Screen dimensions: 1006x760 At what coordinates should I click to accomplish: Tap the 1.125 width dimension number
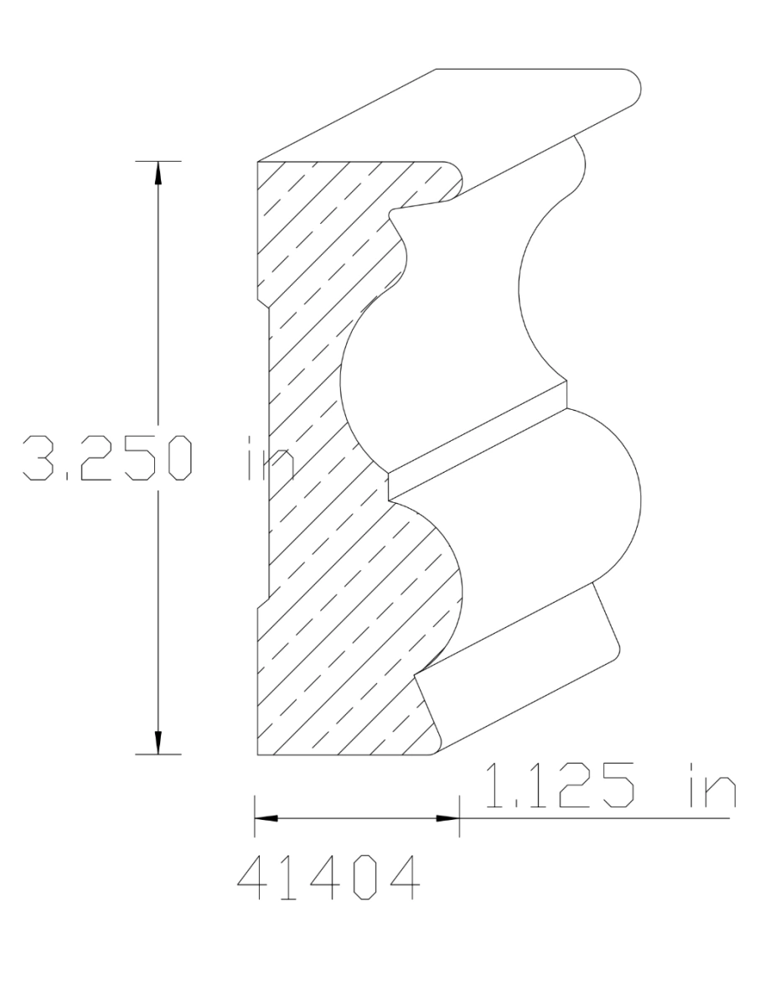tap(559, 787)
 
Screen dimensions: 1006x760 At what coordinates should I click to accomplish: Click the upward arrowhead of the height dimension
tap(158, 170)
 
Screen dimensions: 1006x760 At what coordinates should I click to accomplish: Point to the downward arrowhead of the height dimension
tap(158, 744)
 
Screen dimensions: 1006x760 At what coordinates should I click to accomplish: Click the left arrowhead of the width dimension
tap(266, 818)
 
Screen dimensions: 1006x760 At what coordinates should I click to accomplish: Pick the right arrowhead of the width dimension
tap(449, 818)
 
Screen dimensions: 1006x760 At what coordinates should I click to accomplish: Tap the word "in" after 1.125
tap(710, 787)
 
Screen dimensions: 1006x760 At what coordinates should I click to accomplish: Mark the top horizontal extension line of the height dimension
tap(158, 160)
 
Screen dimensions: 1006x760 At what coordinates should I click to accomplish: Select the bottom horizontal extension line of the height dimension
tap(158, 754)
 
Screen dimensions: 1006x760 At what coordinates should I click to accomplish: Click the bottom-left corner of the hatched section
tap(257, 754)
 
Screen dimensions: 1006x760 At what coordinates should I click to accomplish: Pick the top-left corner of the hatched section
tap(257, 161)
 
